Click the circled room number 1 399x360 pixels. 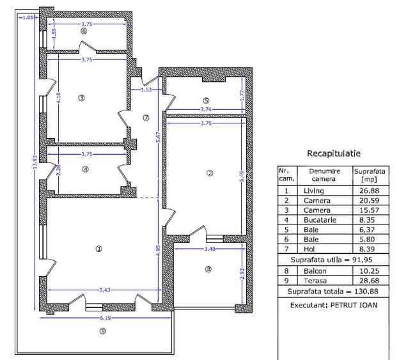[98, 249]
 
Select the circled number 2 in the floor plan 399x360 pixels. [210, 173]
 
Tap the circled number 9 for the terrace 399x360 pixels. [103, 331]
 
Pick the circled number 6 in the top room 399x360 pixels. [83, 31]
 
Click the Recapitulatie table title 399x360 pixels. [334, 153]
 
